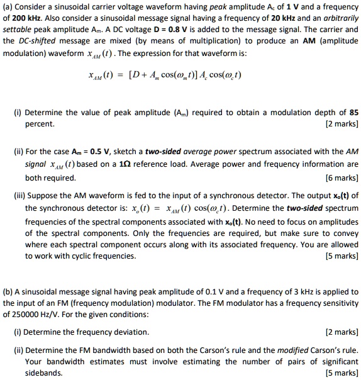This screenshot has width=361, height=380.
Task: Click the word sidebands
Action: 43,372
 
